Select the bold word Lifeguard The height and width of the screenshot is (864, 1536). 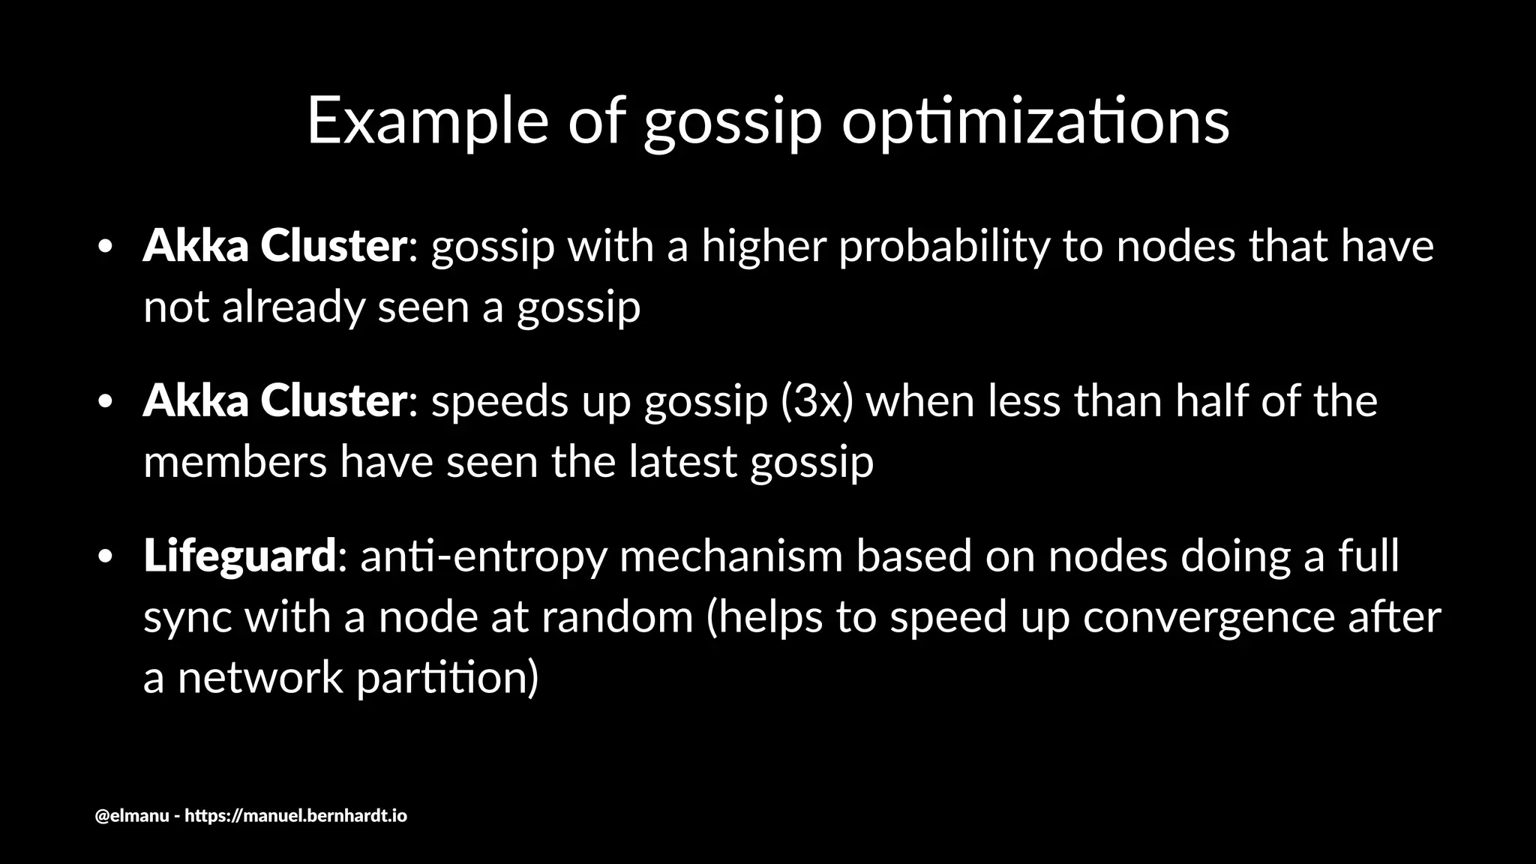pos(239,556)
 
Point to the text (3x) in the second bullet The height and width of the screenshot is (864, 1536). pos(817,401)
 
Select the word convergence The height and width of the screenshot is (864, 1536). pos(1208,617)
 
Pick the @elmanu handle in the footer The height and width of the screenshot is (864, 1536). pos(132,815)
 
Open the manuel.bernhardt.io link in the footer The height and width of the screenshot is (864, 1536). pos(295,815)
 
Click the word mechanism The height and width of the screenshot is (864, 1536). pos(731,556)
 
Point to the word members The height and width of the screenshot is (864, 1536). pos(235,461)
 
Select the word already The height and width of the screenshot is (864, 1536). pos(292,307)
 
